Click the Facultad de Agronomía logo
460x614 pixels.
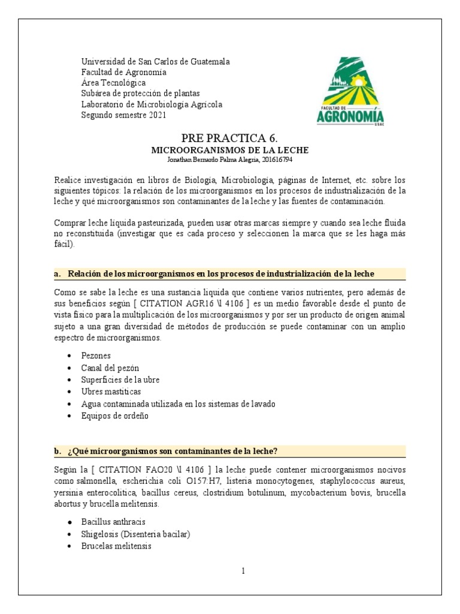(350, 91)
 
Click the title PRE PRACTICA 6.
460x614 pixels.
(229, 139)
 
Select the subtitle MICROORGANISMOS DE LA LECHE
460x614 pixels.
(229, 151)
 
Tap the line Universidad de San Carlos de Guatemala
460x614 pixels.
(155, 62)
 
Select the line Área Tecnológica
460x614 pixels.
(113, 83)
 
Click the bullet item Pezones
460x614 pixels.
(96, 356)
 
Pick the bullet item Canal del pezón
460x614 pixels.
(110, 368)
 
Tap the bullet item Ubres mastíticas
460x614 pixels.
(111, 392)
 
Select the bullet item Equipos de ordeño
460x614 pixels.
(115, 416)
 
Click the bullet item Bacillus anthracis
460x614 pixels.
(113, 522)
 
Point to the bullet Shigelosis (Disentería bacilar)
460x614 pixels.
(136, 534)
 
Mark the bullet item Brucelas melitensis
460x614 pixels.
(116, 546)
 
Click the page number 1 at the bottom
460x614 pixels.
(243, 571)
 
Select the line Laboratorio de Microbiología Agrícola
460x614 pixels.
(152, 104)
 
